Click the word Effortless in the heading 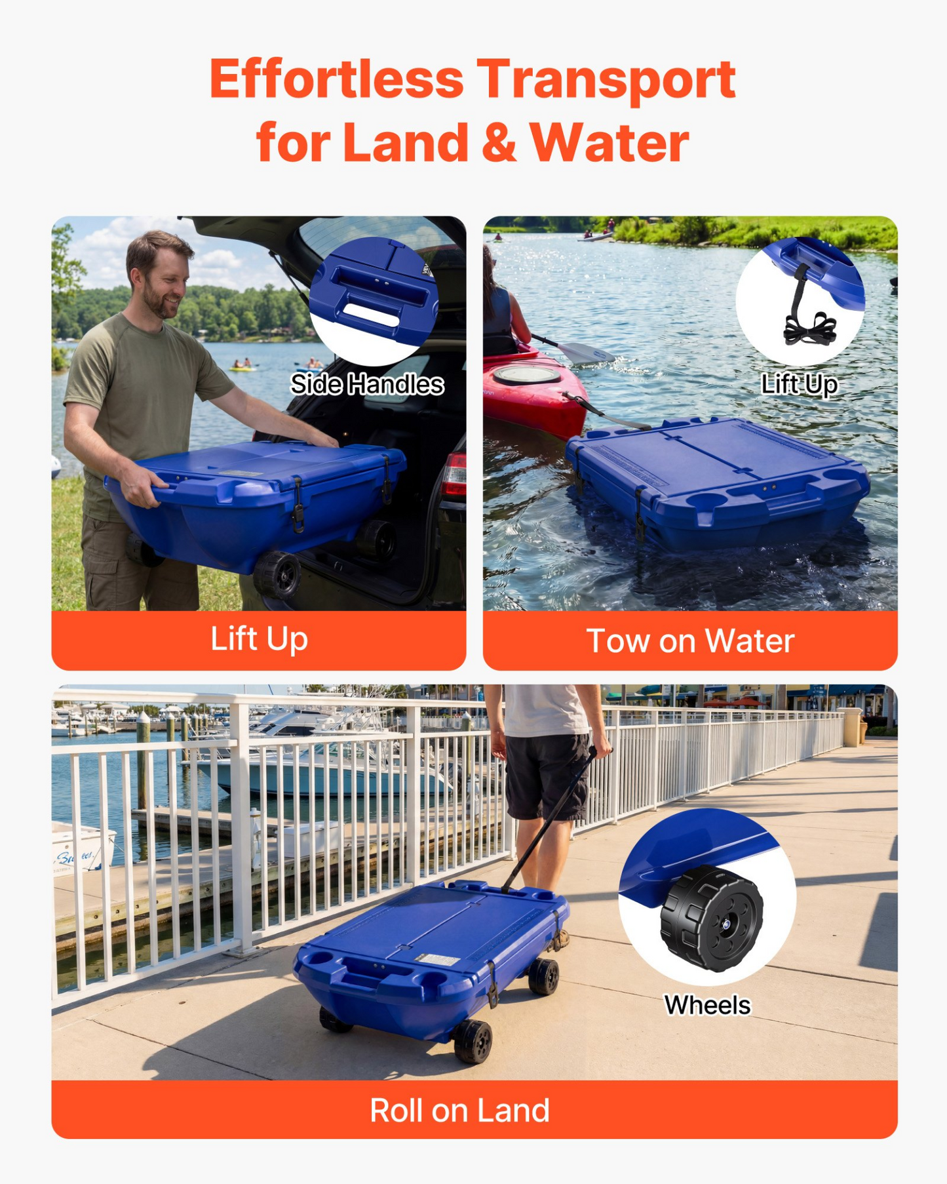tap(337, 79)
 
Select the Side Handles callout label tap(367, 384)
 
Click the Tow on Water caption tap(690, 641)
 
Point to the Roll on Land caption tap(459, 1110)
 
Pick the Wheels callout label tap(707, 1005)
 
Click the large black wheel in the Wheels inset tap(712, 918)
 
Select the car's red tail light tap(455, 473)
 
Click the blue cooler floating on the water tap(718, 482)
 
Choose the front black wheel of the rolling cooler tap(473, 1041)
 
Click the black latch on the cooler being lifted tap(298, 503)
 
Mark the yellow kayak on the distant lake tap(242, 368)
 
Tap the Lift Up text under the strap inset tap(800, 384)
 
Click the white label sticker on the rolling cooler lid tap(438, 960)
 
